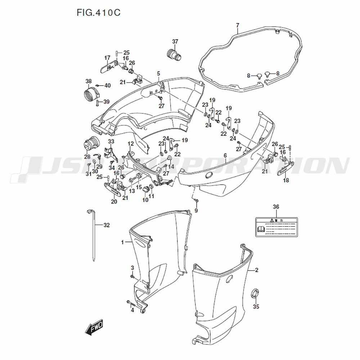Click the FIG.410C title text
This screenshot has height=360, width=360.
pyautogui.click(x=98, y=13)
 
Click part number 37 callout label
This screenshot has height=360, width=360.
pyautogui.click(x=175, y=41)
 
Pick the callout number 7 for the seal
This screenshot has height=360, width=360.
pyautogui.click(x=238, y=25)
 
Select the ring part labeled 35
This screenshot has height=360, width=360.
pyautogui.click(x=256, y=293)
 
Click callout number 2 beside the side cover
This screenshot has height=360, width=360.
pyautogui.click(x=256, y=270)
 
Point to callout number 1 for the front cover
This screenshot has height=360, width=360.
pyautogui.click(x=122, y=242)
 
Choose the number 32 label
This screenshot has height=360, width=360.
pyautogui.click(x=106, y=225)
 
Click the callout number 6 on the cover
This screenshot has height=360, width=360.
pyautogui.click(x=225, y=156)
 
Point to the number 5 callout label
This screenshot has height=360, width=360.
pyautogui.click(x=158, y=73)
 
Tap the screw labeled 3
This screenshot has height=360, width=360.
pyautogui.click(x=132, y=276)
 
